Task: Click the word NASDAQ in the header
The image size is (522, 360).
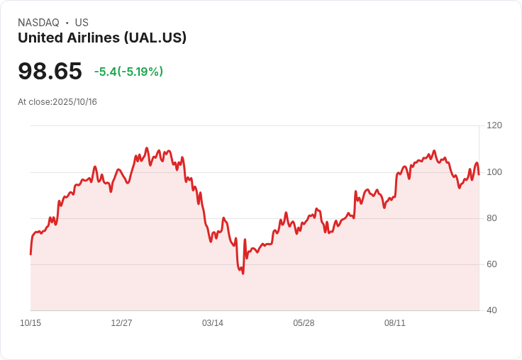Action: (x=38, y=23)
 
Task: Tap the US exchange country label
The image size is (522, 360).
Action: (x=82, y=23)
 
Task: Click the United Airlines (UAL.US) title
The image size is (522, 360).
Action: (x=102, y=38)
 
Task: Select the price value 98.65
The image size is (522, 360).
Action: (x=50, y=71)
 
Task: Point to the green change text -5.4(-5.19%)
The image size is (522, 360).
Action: (x=128, y=72)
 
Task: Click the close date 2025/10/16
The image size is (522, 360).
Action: (x=74, y=102)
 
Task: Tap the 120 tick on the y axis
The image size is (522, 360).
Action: (x=494, y=125)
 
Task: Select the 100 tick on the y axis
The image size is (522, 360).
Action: (x=494, y=172)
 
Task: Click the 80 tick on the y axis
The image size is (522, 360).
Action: (x=492, y=218)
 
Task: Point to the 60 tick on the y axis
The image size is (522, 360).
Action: (x=492, y=264)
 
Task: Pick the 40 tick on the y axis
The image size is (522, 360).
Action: (x=492, y=310)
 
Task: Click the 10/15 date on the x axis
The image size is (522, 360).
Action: (x=30, y=323)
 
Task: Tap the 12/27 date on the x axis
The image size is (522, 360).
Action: (x=121, y=323)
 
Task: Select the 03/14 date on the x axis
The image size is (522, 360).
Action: (x=213, y=323)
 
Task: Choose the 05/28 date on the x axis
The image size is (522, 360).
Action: (x=304, y=323)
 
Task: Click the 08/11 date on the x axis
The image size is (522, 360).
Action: (x=395, y=323)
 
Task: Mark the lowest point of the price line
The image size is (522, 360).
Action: (x=243, y=274)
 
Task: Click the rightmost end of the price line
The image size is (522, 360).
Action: (x=479, y=174)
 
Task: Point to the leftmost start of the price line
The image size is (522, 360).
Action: (x=30, y=254)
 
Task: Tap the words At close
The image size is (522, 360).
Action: (x=34, y=102)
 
